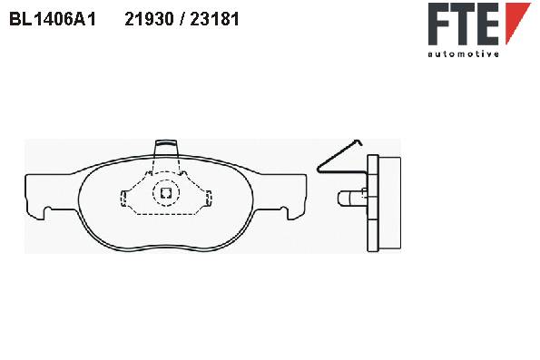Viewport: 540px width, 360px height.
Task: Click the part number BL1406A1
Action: [x=53, y=19]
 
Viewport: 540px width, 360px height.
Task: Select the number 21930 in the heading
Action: [x=149, y=19]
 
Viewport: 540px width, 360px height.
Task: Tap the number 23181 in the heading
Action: [x=214, y=19]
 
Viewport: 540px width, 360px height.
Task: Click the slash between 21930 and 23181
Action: [x=182, y=19]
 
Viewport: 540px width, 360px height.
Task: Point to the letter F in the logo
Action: [x=439, y=24]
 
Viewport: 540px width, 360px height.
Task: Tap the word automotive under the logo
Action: [x=463, y=54]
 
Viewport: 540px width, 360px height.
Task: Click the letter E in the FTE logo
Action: [x=487, y=24]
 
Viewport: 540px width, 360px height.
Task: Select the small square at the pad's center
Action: [x=166, y=193]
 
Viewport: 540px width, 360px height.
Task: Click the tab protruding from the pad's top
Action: [x=166, y=147]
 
